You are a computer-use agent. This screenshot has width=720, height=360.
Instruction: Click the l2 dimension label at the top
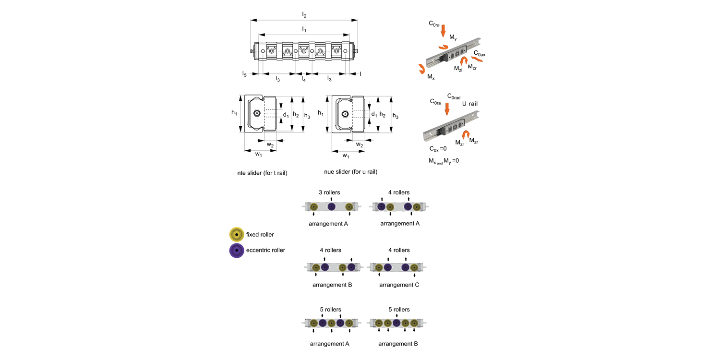pos(304,15)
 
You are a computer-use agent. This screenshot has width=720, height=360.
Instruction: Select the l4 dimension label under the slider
pos(304,79)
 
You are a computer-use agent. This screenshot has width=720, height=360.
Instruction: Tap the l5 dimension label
pos(244,74)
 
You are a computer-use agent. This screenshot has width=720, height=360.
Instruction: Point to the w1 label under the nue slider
pos(346,156)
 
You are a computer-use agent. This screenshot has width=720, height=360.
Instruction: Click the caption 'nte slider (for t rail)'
pos(262,172)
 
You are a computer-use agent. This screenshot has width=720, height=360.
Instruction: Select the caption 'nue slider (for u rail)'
pos(350,172)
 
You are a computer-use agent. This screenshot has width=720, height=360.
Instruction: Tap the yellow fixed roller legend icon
pos(237,235)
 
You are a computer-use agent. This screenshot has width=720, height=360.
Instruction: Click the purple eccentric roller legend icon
pos(237,251)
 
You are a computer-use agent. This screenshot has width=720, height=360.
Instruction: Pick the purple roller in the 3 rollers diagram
pos(331,207)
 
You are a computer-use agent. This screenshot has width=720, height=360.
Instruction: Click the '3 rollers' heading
pos(329,192)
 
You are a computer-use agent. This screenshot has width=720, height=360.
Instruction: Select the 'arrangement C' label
pos(399,285)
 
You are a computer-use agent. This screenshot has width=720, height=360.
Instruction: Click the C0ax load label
pos(480,54)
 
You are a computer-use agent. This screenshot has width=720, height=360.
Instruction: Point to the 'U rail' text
pos(470,104)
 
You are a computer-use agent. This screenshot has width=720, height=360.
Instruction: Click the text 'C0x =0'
pos(438,149)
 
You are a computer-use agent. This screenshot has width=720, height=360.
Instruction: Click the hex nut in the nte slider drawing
pos(256,114)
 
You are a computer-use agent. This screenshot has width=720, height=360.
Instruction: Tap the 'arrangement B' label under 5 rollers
pos(398,344)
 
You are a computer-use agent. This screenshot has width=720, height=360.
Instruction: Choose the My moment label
pos(453,37)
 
